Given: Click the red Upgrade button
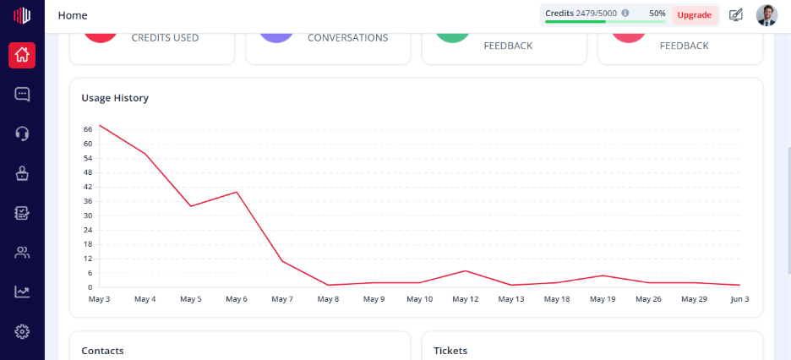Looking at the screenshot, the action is [x=694, y=15].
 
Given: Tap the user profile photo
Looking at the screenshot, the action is [x=766, y=15].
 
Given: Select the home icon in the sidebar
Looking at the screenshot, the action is [x=22, y=55].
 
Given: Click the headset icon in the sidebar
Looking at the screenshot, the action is [x=22, y=134].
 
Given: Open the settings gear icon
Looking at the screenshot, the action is [x=22, y=331].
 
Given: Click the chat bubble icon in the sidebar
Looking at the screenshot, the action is [x=22, y=95].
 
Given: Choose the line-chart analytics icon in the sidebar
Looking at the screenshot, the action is [x=22, y=292].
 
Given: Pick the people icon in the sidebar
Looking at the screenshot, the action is [x=22, y=253].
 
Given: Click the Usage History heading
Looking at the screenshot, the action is [x=115, y=98].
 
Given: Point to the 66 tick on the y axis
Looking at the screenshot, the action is [x=88, y=129].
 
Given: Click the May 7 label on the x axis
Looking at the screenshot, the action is [x=282, y=299].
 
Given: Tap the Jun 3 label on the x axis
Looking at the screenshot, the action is [x=739, y=299].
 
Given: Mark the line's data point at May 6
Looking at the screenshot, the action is [x=237, y=192].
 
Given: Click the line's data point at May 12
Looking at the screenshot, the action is [x=466, y=270].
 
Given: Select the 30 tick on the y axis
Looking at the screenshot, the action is [x=88, y=215].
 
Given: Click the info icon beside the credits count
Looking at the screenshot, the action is [x=625, y=14].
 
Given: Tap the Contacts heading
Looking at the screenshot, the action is [x=102, y=351].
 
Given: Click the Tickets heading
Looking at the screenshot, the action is [x=450, y=351].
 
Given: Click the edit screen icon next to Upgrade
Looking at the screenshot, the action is [x=736, y=15].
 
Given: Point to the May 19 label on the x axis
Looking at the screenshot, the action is [x=603, y=299].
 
